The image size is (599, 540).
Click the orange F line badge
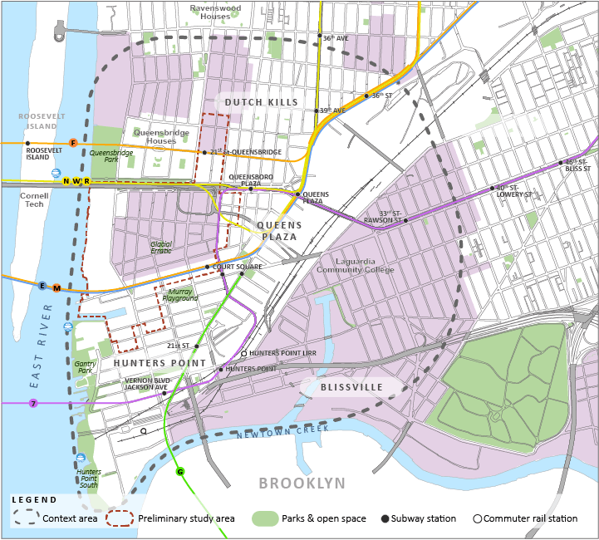(73, 143)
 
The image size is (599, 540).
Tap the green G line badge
(180, 472)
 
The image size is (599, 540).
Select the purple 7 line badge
(34, 403)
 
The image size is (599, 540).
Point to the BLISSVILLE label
(352, 387)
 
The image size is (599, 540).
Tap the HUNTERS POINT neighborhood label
(160, 363)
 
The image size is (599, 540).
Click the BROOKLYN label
(302, 484)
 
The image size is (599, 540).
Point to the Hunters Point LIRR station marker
(243, 354)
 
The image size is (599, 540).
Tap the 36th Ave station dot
(319, 36)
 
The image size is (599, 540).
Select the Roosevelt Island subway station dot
(27, 143)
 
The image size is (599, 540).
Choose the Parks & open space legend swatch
(264, 518)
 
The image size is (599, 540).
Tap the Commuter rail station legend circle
(478, 518)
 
